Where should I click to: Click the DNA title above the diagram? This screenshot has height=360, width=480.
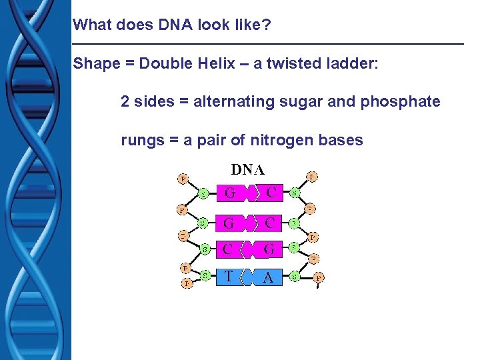pos(247,169)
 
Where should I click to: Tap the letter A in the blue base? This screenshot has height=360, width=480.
pos(268,278)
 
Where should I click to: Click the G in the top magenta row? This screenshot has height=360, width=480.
pos(230,194)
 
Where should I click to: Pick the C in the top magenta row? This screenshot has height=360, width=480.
pos(271,193)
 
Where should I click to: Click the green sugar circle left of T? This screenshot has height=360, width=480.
pos(205,275)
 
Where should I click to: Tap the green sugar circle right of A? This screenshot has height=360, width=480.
pos(294,275)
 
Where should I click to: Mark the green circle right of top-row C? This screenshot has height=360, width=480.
pos(294,194)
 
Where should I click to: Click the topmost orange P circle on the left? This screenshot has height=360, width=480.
pos(182,178)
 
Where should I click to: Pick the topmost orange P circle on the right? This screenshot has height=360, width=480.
pos(311,177)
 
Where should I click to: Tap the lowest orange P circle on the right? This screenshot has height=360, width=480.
pos(319,278)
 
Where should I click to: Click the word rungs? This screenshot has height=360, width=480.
pos(139,140)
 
